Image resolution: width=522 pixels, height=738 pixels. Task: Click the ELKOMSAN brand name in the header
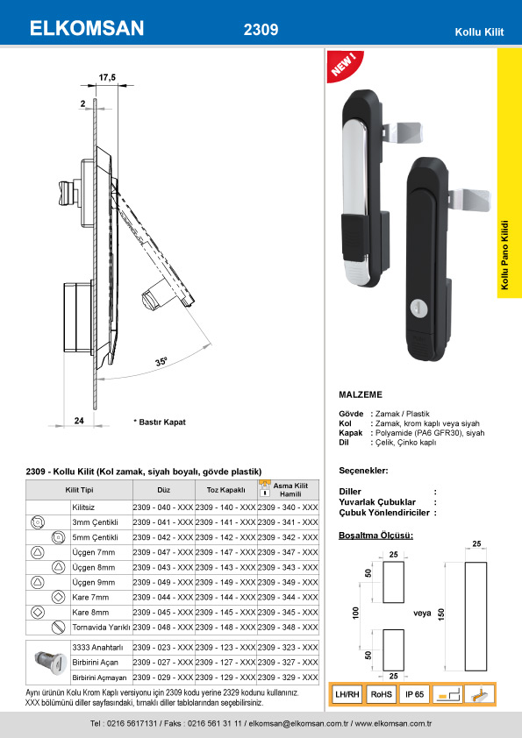click(87, 28)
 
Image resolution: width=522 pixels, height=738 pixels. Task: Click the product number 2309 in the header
click(261, 30)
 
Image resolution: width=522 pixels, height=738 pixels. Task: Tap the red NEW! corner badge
click(344, 65)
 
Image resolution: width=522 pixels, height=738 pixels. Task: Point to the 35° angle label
click(161, 361)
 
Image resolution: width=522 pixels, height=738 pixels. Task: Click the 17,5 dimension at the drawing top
click(107, 78)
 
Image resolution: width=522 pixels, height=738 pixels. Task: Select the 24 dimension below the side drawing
click(79, 421)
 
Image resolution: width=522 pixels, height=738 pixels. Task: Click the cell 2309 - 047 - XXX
click(163, 552)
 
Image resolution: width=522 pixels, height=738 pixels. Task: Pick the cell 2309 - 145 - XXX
click(225, 613)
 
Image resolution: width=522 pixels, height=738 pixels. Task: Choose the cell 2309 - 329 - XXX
click(288, 678)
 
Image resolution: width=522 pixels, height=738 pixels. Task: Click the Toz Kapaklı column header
click(225, 490)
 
